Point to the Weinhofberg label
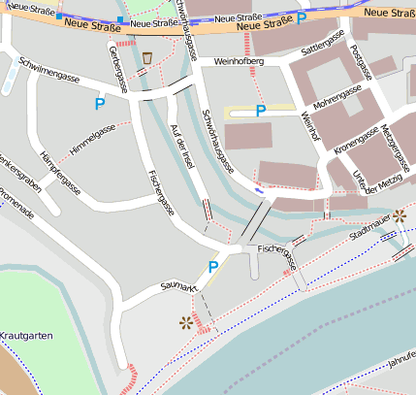(240, 62)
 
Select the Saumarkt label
(179, 285)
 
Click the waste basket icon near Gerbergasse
(146, 58)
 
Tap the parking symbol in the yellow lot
(260, 111)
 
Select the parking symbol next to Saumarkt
(213, 266)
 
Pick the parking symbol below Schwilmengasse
(100, 101)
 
